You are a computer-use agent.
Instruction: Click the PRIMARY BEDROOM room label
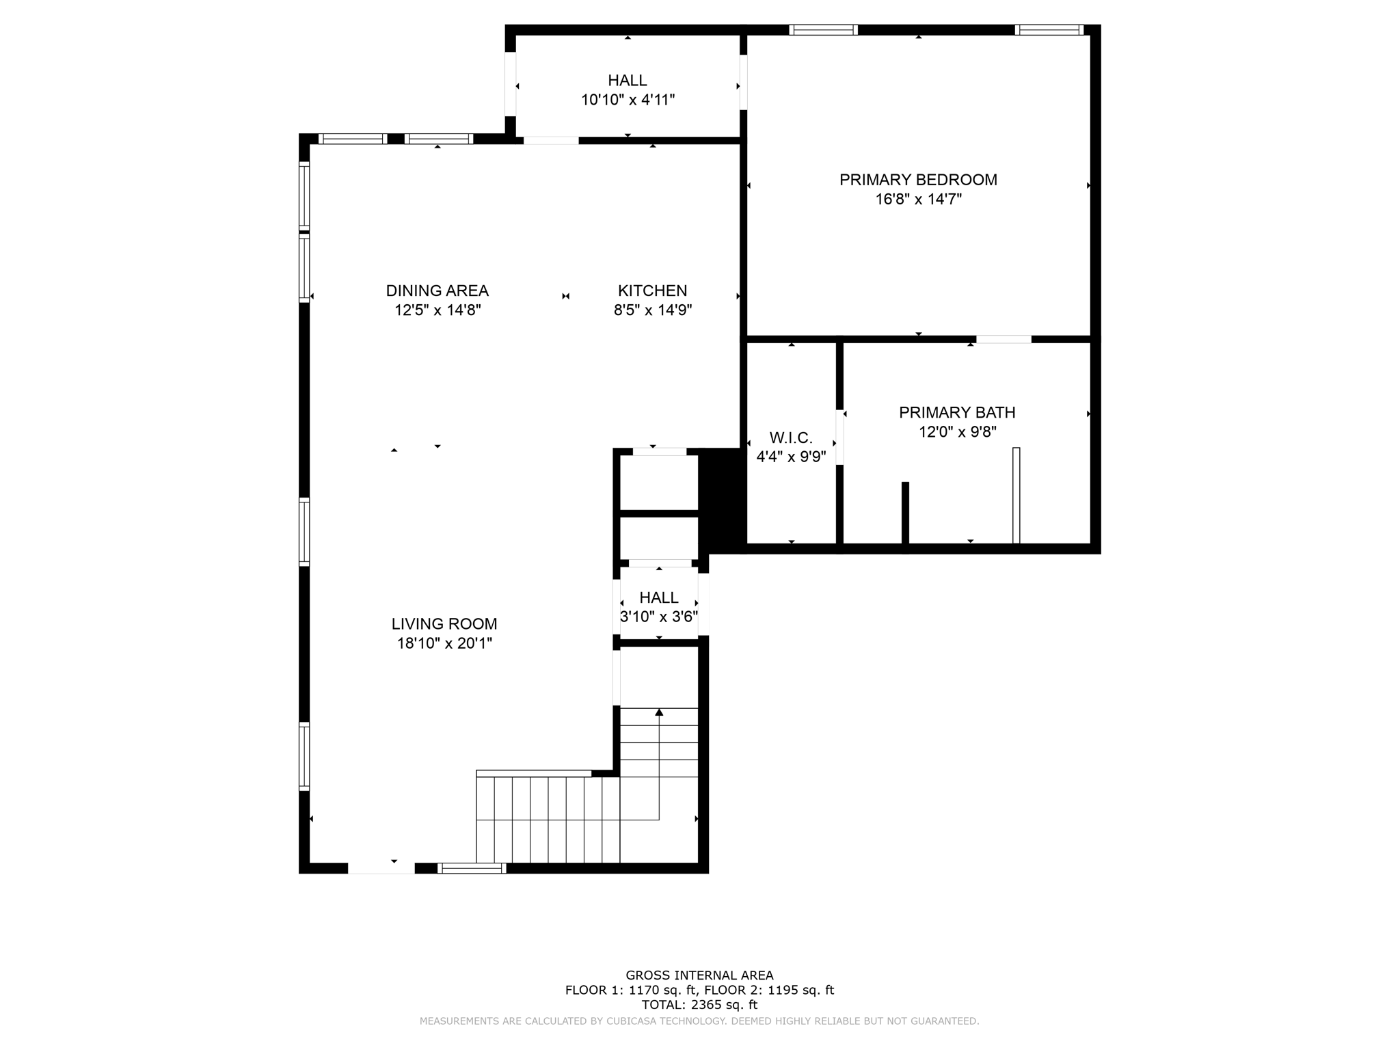(918, 180)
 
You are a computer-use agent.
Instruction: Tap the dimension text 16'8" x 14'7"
(918, 200)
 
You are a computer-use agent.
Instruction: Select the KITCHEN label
(652, 291)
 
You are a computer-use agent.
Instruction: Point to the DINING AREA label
(437, 291)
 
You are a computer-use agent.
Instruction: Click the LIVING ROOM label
(444, 623)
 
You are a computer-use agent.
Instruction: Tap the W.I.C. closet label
(791, 437)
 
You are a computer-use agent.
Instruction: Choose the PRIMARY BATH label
(956, 412)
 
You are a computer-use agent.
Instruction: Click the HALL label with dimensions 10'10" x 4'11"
(627, 81)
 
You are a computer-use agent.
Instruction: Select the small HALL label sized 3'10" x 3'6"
(659, 597)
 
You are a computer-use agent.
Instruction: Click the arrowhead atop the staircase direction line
(659, 712)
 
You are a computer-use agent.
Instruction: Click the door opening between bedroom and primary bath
(1003, 339)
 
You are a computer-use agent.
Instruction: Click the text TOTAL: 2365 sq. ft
(699, 1005)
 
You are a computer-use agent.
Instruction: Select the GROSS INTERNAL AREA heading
(699, 975)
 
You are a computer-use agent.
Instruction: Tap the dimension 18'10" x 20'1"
(444, 643)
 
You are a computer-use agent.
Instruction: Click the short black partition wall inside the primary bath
(905, 513)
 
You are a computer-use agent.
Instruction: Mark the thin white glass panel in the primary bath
(1016, 495)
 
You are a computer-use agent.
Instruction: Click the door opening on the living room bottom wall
(381, 868)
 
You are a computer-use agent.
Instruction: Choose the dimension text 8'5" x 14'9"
(652, 310)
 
